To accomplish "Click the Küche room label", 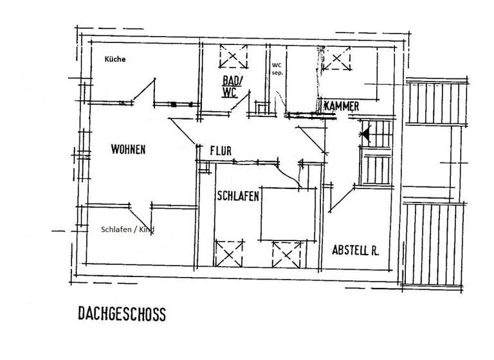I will [x=115, y=59].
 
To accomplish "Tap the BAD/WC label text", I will [x=231, y=87].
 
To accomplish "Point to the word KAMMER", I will [x=341, y=105].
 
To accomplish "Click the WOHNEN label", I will [x=128, y=149].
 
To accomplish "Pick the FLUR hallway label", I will [x=221, y=151].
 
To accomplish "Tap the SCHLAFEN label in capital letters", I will [x=238, y=197].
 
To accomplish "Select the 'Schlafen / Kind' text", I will [x=127, y=230].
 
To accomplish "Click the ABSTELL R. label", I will [x=355, y=250].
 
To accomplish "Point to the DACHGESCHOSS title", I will [x=122, y=314].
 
